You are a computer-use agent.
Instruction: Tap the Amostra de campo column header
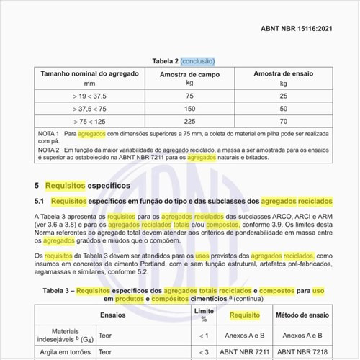pyautogui.click(x=189, y=74)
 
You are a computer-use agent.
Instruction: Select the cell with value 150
pyautogui.click(x=189, y=108)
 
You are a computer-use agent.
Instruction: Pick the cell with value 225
pyautogui.click(x=189, y=121)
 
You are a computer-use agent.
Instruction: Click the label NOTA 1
pyautogui.click(x=49, y=135)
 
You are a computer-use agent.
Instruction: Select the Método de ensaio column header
pyautogui.click(x=301, y=315)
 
